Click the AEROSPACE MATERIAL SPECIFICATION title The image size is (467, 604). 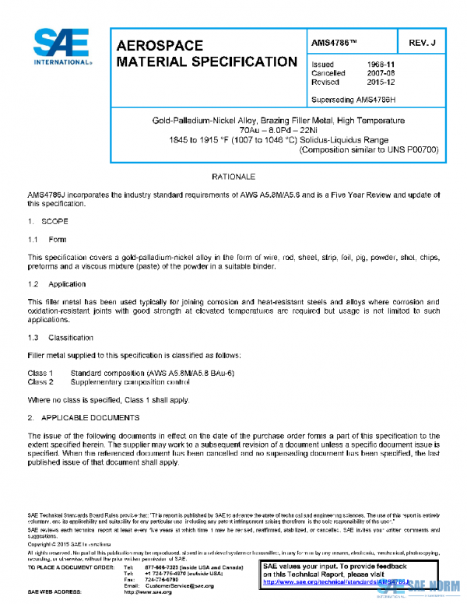click(x=205, y=54)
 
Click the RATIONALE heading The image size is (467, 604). click(x=233, y=177)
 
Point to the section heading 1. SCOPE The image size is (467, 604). click(x=48, y=222)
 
